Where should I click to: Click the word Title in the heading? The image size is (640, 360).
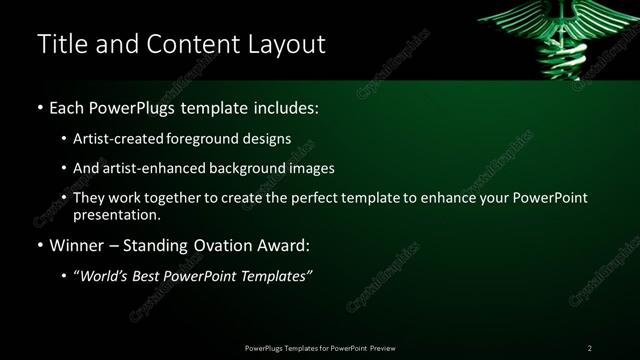(62, 44)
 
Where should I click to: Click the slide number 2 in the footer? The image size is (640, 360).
(589, 347)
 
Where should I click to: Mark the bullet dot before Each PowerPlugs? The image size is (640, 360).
(39, 107)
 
